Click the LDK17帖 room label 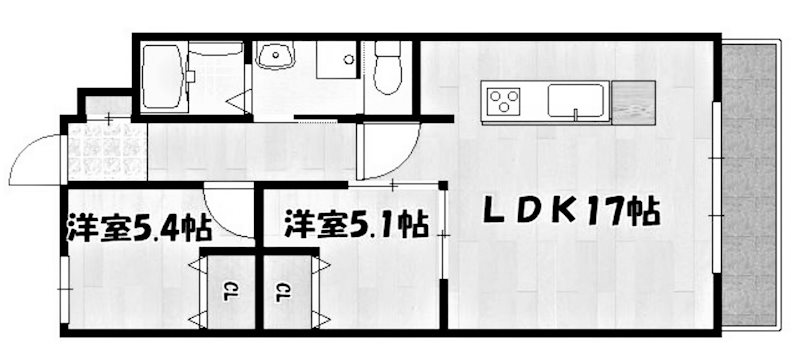[x=570, y=212]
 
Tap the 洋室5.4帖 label [x=139, y=226]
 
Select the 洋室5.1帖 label [x=355, y=222]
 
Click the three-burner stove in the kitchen [x=504, y=100]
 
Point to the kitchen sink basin [x=575, y=99]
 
